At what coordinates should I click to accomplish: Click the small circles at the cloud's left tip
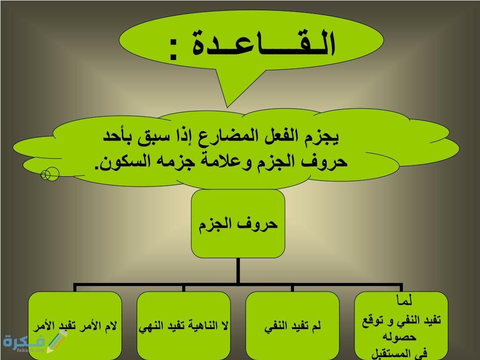coord(50,175)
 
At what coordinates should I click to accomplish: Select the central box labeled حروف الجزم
coord(238,224)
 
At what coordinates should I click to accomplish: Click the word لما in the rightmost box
coord(404,299)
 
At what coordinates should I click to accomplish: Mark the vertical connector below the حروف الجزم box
coord(238,270)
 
